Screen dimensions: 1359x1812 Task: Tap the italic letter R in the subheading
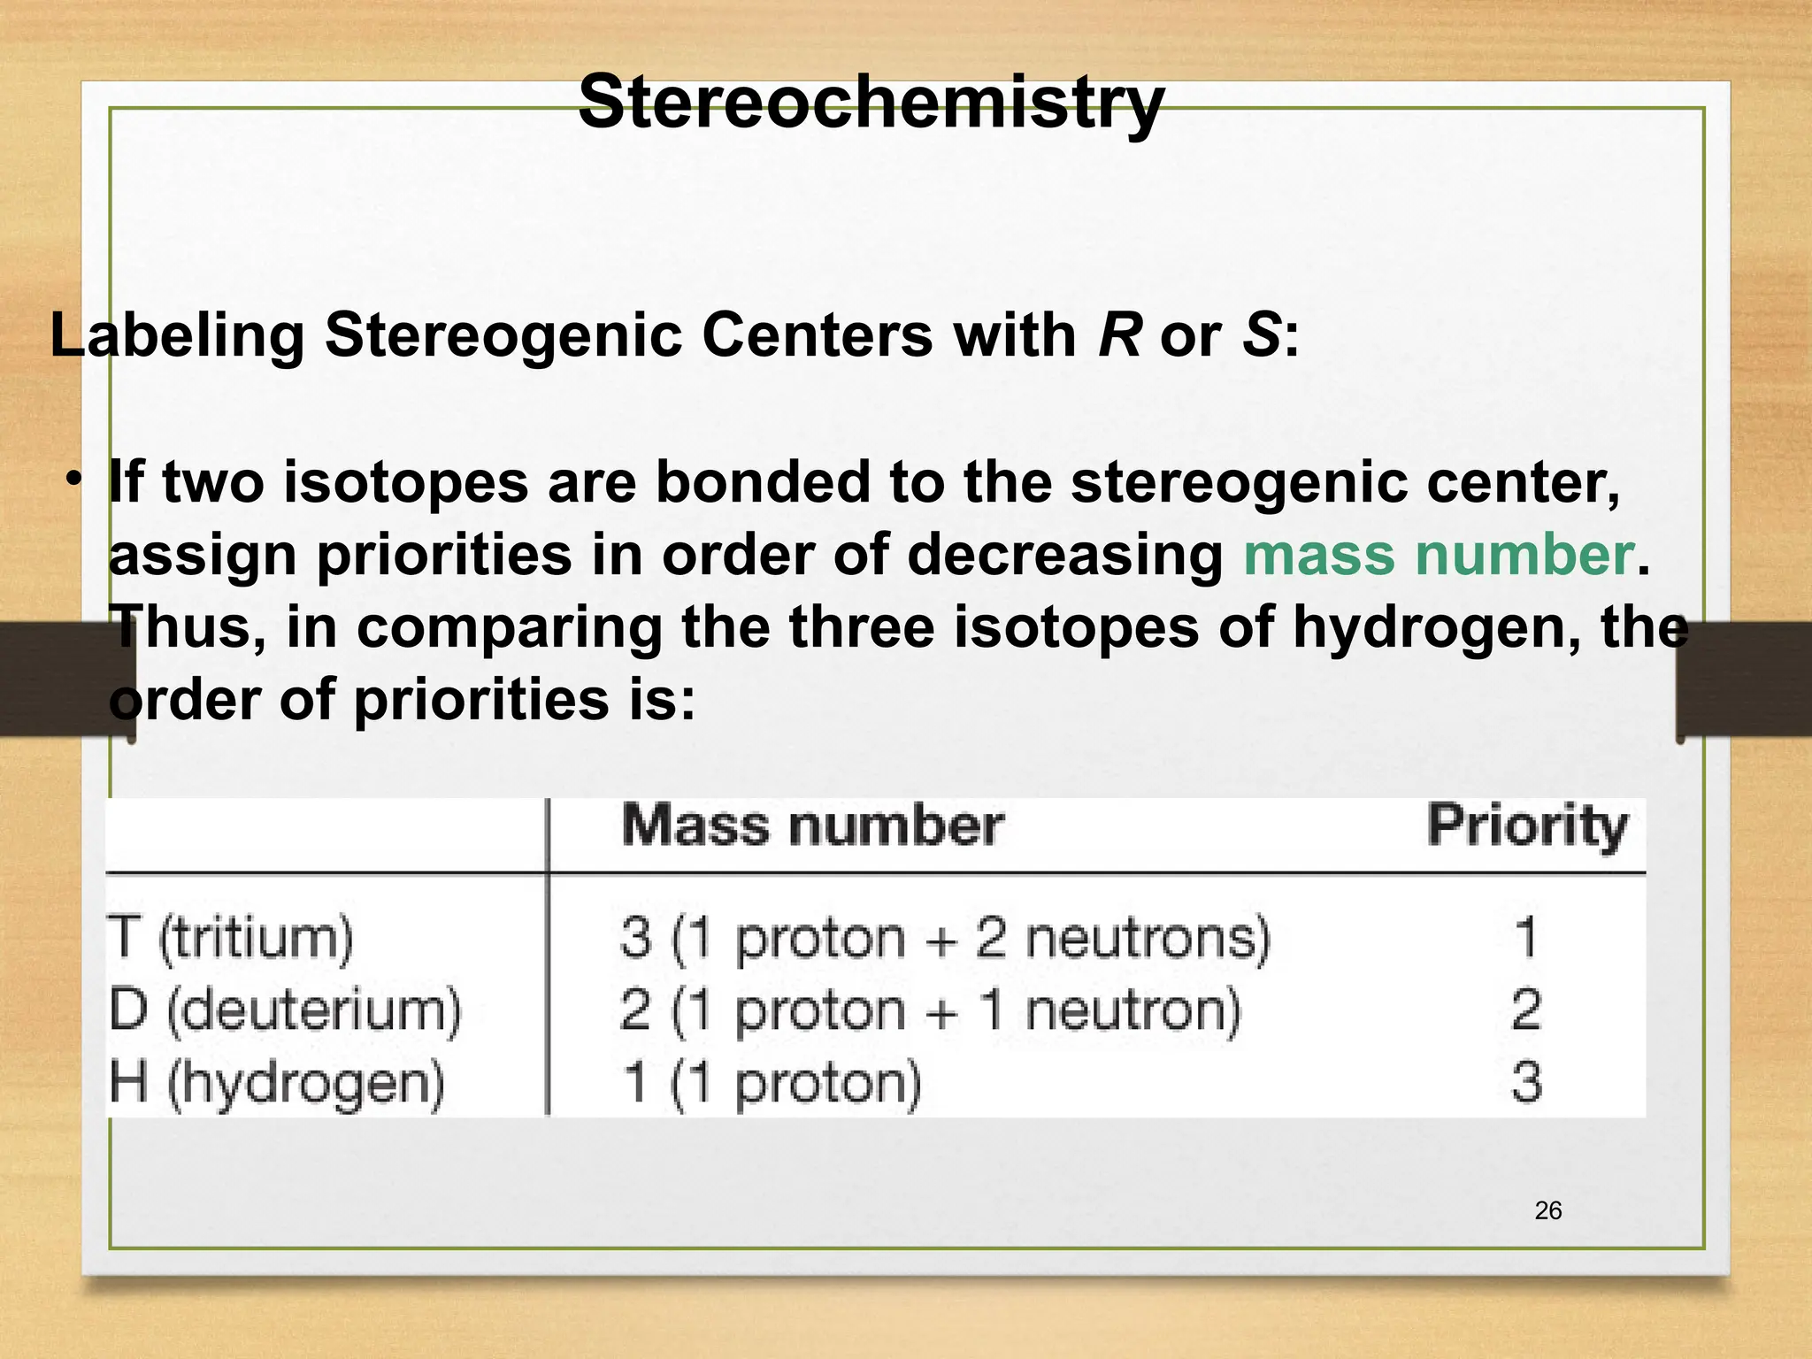click(x=1119, y=336)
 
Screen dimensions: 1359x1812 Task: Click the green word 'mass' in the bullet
click(x=1319, y=555)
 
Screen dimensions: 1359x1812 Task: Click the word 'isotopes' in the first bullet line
click(x=405, y=482)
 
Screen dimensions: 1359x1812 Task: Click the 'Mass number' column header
click(x=812, y=826)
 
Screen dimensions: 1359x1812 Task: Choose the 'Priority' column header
click(x=1527, y=826)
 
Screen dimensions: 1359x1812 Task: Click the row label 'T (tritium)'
click(x=231, y=938)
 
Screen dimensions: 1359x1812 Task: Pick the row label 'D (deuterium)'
click(x=285, y=1010)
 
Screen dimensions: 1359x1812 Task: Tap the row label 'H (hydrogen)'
click(x=276, y=1083)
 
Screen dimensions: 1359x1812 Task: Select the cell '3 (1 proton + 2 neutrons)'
click(x=945, y=938)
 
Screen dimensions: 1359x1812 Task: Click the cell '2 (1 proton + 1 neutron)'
click(x=930, y=1010)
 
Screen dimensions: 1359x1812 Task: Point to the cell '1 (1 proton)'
click(x=771, y=1083)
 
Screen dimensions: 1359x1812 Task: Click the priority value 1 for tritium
click(x=1526, y=938)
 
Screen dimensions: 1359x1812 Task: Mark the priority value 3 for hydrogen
click(x=1526, y=1083)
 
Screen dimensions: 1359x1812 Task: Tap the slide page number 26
click(x=1548, y=1210)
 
